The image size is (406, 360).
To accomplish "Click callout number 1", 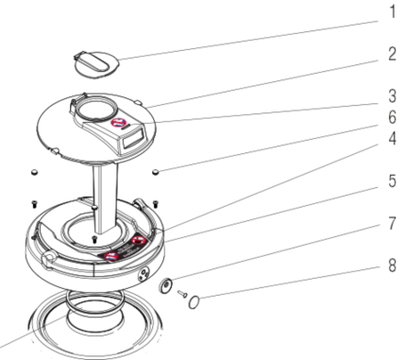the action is [392, 11].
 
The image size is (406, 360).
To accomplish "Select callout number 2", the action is [392, 54].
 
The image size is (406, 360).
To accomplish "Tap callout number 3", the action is [392, 95].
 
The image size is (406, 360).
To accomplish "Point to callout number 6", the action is [392, 117].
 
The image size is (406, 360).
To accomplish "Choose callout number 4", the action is [392, 138].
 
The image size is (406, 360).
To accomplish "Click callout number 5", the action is [392, 180].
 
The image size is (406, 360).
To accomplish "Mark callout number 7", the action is [392, 223].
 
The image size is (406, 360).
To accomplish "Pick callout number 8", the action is [392, 266].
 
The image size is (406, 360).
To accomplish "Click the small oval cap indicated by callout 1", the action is [97, 64].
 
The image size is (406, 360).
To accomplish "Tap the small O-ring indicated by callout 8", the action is [194, 302].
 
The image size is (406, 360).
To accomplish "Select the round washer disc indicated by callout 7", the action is [165, 285].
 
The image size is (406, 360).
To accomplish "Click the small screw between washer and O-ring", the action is [182, 294].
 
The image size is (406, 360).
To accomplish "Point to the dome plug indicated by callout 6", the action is [156, 172].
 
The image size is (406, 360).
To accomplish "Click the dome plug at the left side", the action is [34, 172].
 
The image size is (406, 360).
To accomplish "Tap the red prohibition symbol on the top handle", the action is [119, 123].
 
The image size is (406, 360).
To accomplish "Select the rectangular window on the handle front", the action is [134, 140].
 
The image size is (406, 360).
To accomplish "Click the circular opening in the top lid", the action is [97, 109].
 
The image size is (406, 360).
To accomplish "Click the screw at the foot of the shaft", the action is [93, 239].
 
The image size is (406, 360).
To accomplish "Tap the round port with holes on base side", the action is [144, 274].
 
